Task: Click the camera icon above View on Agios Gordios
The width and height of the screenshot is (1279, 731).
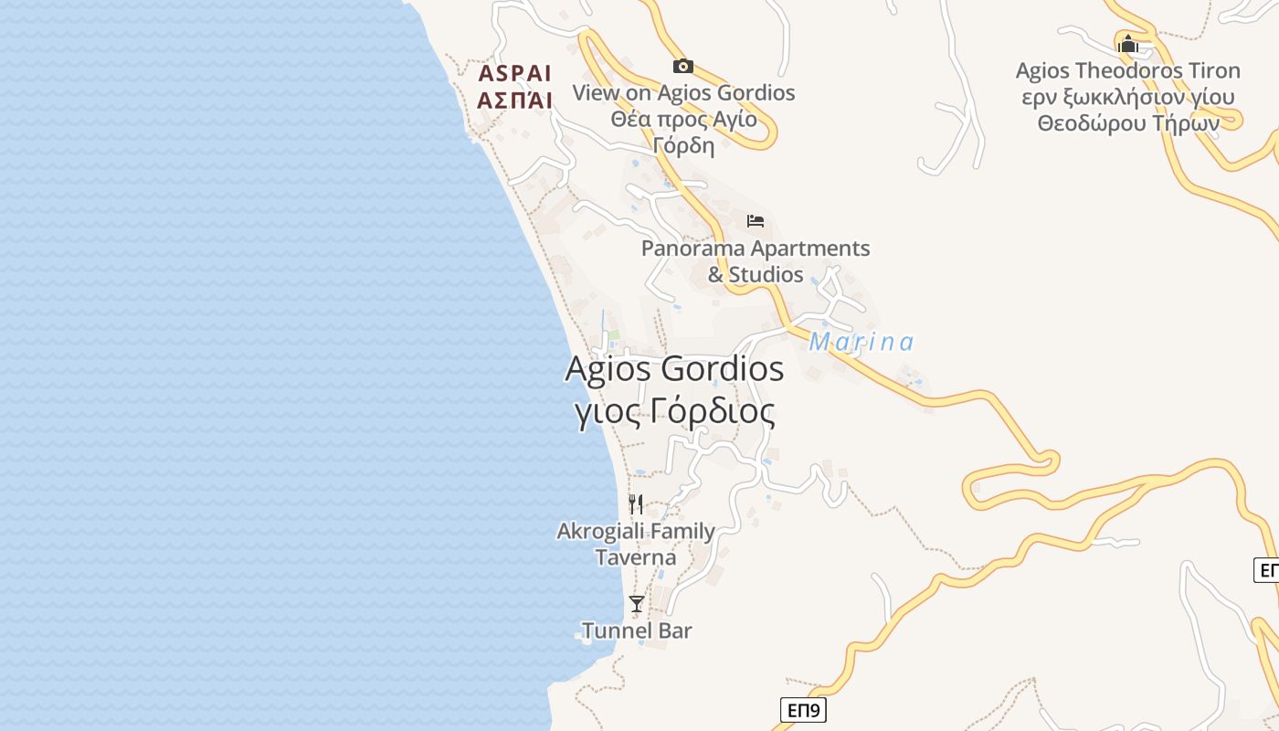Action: tap(682, 66)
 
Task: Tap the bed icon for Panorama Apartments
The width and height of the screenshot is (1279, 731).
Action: tap(756, 221)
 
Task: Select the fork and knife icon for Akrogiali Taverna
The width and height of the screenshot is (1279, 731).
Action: tap(636, 503)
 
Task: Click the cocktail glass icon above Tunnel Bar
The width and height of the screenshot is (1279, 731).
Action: tap(637, 604)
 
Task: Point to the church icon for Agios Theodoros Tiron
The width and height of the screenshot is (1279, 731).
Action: tap(1128, 43)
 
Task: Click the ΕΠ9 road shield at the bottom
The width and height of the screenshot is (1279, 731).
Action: tap(804, 710)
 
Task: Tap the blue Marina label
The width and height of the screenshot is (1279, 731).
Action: tap(861, 343)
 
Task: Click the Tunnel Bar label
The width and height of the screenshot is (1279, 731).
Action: tap(637, 630)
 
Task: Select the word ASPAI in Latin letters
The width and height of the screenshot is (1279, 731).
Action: tap(515, 74)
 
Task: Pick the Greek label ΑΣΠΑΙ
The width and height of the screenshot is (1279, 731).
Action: tap(515, 101)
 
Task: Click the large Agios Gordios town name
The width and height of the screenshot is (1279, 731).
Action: tap(674, 369)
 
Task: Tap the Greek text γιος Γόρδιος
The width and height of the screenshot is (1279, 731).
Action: tap(674, 412)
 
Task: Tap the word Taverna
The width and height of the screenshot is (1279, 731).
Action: tap(636, 557)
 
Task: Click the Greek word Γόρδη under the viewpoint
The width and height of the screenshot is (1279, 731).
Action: tap(683, 145)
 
